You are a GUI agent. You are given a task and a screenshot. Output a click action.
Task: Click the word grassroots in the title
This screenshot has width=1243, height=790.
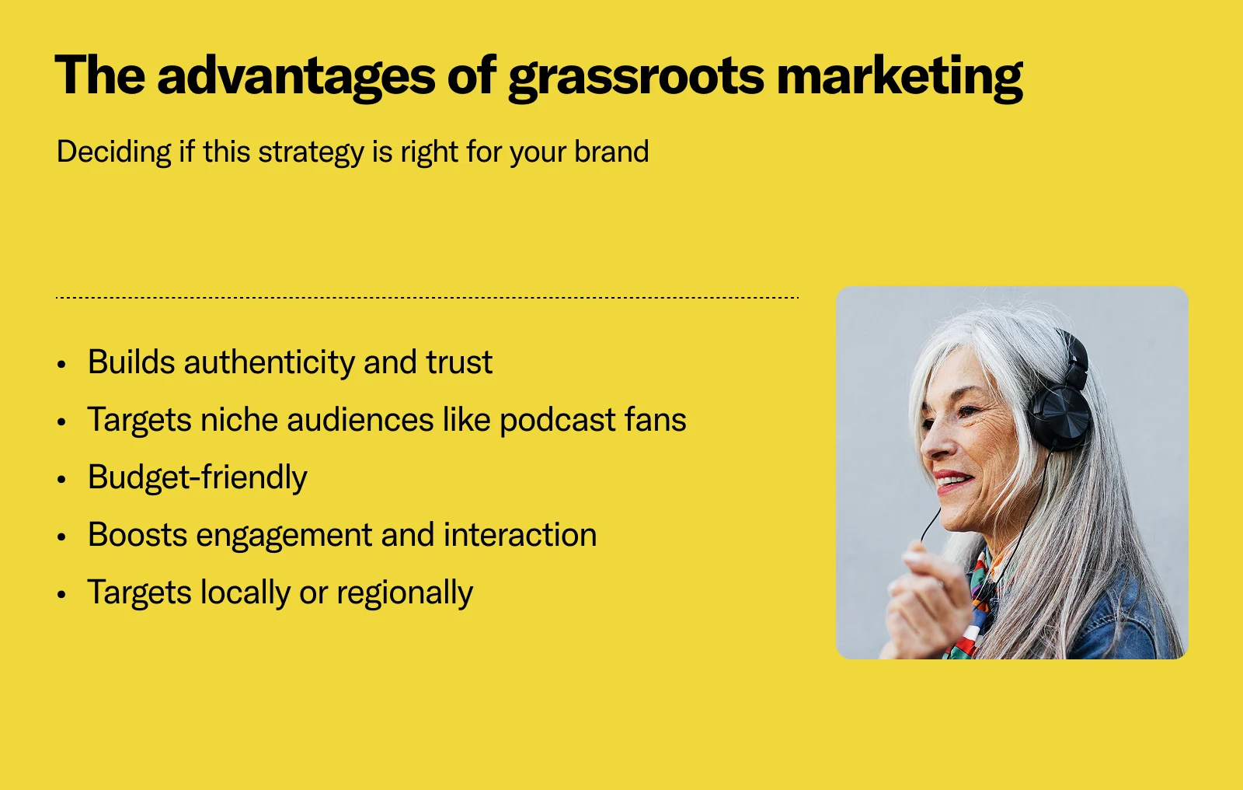pyautogui.click(x=635, y=76)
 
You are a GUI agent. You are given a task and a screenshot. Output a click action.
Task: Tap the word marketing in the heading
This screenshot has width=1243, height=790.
pyautogui.click(x=899, y=76)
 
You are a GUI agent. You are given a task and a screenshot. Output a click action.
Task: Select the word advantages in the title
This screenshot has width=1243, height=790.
pyautogui.click(x=295, y=76)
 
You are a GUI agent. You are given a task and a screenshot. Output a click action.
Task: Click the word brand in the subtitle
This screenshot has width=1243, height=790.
pyautogui.click(x=611, y=152)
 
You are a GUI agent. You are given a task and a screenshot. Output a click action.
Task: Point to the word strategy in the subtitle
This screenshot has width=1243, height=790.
pyautogui.click(x=311, y=152)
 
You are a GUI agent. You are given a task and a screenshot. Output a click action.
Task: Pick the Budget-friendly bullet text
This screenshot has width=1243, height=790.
pyautogui.click(x=197, y=477)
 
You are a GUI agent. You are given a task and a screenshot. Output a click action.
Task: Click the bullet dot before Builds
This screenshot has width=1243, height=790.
pyautogui.click(x=62, y=364)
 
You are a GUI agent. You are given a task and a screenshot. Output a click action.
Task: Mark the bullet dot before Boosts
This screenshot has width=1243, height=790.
pyautogui.click(x=62, y=537)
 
